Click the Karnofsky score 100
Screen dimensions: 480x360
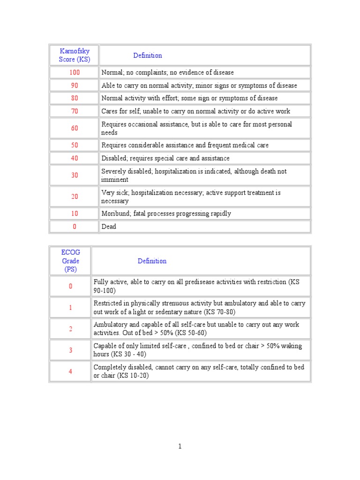75,73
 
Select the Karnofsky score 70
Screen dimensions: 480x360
75,111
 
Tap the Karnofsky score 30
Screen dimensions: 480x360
75,175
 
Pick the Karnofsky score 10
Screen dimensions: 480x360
75,214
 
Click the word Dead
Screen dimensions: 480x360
109,227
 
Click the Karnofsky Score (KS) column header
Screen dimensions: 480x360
75,55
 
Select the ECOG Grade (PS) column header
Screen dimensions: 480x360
71,261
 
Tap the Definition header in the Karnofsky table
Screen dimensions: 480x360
147,55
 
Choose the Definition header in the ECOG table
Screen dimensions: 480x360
152,261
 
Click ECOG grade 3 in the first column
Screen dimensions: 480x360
71,350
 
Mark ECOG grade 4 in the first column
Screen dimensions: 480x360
71,371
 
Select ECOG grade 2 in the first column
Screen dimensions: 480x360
71,329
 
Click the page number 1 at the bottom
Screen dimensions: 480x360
180,447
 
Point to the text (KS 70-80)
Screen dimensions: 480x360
218,312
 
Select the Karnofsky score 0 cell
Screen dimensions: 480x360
75,227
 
